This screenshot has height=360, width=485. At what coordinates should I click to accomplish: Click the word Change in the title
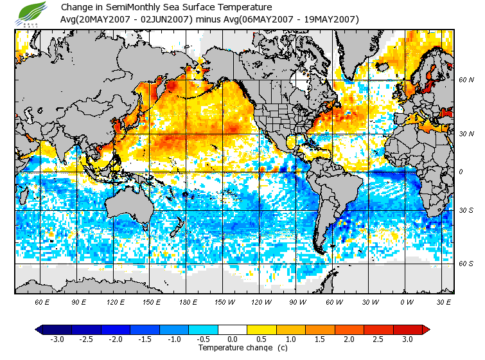point(76,7)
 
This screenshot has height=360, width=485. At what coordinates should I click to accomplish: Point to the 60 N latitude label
point(466,80)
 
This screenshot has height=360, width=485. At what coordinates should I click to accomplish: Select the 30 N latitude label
point(466,133)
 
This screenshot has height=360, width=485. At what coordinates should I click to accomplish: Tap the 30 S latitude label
point(466,211)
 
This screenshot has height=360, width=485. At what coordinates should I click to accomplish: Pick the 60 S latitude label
point(466,264)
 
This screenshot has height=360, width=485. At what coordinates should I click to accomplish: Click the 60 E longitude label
point(42,301)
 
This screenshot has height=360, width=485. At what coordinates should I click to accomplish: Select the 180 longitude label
point(189,301)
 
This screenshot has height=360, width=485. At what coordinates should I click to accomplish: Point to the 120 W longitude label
point(261,301)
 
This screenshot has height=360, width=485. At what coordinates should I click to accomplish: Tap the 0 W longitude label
point(407,301)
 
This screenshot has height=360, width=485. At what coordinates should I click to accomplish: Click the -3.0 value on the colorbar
point(57,339)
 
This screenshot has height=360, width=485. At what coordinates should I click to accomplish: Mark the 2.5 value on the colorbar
point(379,339)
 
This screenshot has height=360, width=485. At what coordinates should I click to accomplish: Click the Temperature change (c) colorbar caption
point(234,348)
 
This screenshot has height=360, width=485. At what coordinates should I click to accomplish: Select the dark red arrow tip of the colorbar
point(426,330)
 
